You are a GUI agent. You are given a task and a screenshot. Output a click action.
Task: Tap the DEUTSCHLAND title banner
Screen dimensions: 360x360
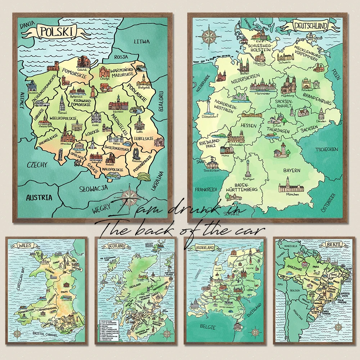[x=311, y=26]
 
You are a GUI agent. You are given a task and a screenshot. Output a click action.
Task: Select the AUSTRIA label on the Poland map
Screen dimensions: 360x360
[x=39, y=197]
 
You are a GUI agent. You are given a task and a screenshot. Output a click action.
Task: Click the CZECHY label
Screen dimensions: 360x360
[x=37, y=165]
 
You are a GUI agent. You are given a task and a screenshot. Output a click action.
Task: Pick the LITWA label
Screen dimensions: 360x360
[x=141, y=41]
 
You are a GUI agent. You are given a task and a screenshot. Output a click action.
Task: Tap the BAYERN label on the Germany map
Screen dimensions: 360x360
[x=291, y=170]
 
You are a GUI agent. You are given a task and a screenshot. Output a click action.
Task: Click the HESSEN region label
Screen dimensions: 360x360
[x=249, y=126]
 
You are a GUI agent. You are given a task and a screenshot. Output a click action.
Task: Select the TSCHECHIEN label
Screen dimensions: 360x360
[x=327, y=149]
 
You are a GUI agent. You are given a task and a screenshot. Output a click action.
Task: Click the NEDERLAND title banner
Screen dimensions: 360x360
[x=204, y=248]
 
